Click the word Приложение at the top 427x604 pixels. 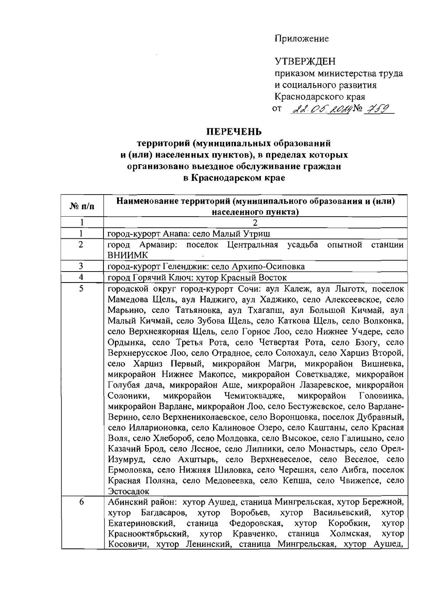coord(301,38)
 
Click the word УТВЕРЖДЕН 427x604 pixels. coord(305,62)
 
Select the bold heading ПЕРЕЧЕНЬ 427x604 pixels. coord(234,131)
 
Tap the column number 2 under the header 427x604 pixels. coord(255,223)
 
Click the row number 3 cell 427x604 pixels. coord(81,266)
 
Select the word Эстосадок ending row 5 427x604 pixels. coord(128,491)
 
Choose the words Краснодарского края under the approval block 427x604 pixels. coord(320,97)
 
